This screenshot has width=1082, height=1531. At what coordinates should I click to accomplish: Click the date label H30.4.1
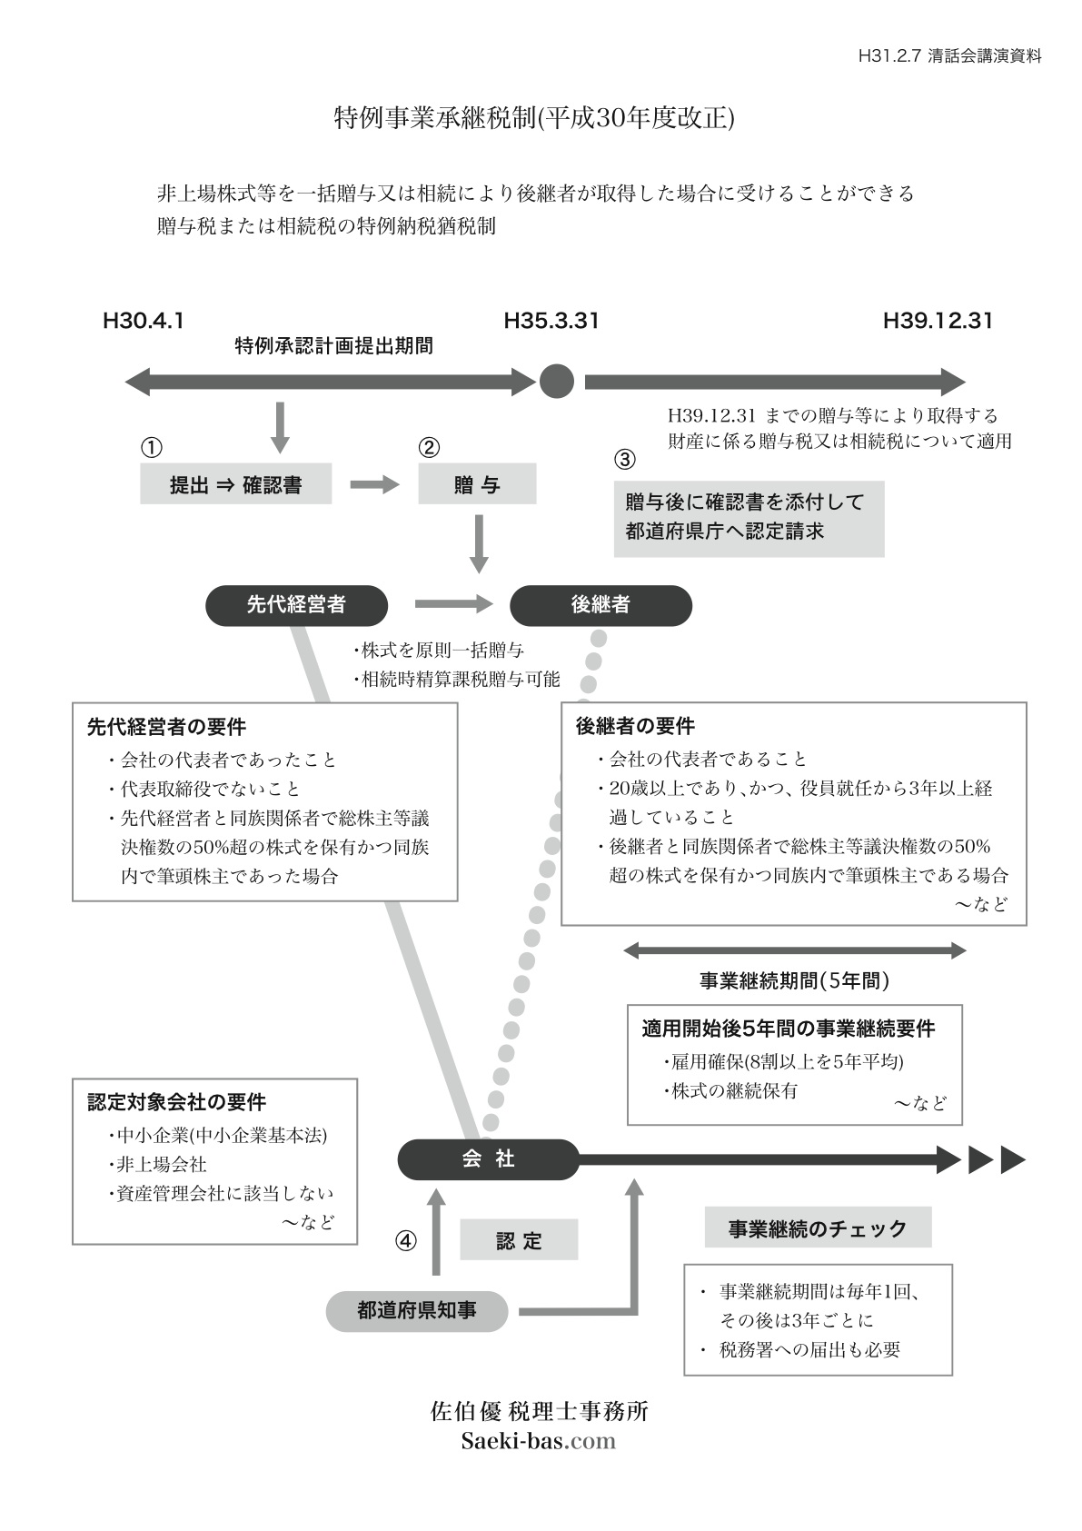[144, 321]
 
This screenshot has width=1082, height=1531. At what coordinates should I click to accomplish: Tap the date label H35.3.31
[551, 321]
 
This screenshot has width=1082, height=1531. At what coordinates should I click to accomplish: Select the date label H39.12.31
[938, 321]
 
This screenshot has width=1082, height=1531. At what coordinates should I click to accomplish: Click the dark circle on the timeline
[557, 382]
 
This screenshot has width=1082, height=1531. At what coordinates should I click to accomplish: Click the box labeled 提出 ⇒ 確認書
[235, 484]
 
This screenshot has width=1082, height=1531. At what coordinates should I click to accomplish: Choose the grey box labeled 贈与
[477, 484]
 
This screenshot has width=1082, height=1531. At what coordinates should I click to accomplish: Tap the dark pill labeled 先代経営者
[296, 605]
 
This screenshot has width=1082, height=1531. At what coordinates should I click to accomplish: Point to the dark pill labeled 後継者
[601, 605]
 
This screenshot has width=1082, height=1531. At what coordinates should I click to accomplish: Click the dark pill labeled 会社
[488, 1159]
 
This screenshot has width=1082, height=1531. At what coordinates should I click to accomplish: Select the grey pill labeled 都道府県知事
[417, 1310]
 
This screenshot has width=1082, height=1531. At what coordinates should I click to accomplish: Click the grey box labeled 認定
[519, 1240]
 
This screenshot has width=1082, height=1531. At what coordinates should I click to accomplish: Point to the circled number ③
[625, 460]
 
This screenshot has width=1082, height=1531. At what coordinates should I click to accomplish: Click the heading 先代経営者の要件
[166, 727]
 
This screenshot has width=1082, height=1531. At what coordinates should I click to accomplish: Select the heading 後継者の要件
[635, 726]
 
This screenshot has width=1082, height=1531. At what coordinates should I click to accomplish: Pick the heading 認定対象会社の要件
[176, 1102]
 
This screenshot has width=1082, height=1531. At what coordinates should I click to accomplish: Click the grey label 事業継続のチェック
[818, 1228]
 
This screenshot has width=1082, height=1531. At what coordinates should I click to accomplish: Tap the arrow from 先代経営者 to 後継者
[452, 603]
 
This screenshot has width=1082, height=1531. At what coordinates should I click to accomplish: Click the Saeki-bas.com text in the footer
[539, 1441]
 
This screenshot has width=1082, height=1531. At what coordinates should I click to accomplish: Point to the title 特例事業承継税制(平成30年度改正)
[534, 119]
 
